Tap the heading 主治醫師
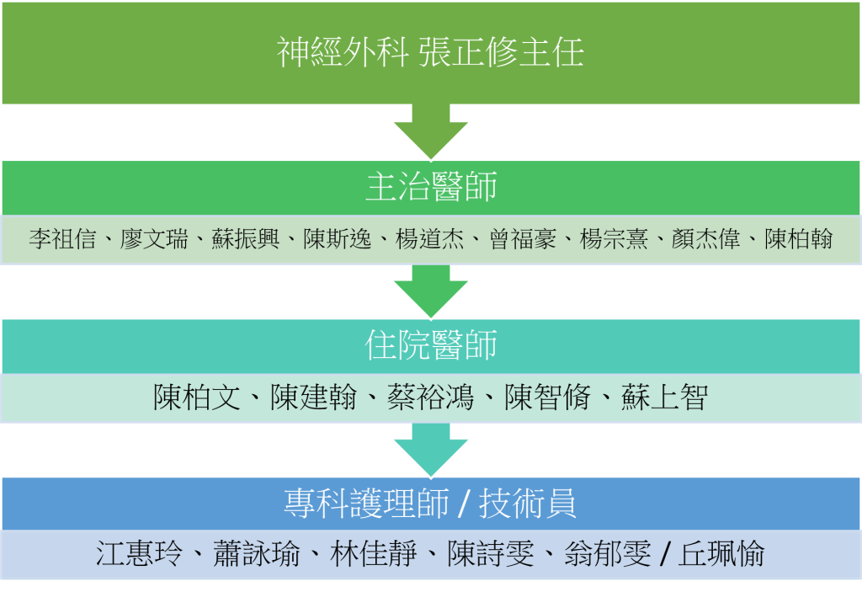(431, 187)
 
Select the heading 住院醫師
(431, 345)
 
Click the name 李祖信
(62, 239)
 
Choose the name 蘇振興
(246, 239)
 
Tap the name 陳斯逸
(338, 239)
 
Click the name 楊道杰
(430, 239)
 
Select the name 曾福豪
(522, 239)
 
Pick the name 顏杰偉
(706, 239)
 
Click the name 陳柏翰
(798, 239)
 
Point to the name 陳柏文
(197, 397)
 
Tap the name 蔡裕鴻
(430, 397)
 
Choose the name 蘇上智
(665, 397)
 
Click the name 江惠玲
(139, 554)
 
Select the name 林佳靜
(373, 554)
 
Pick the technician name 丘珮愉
(721, 554)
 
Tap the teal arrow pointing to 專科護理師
(431, 450)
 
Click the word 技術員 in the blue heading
(528, 504)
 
